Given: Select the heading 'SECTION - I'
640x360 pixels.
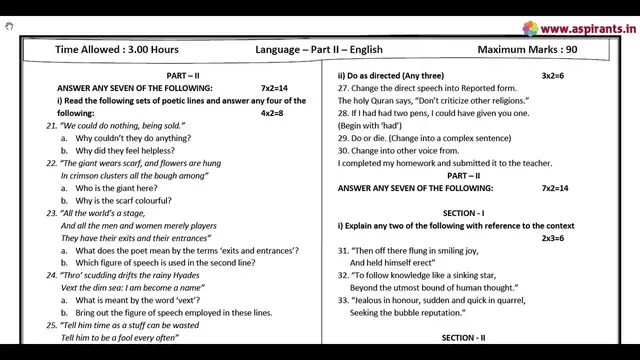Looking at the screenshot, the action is click(463, 213).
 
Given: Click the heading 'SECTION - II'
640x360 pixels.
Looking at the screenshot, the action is click(463, 338).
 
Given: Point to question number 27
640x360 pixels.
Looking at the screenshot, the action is click(345, 89).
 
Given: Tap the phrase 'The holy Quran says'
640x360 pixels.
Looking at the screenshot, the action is click(376, 101).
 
